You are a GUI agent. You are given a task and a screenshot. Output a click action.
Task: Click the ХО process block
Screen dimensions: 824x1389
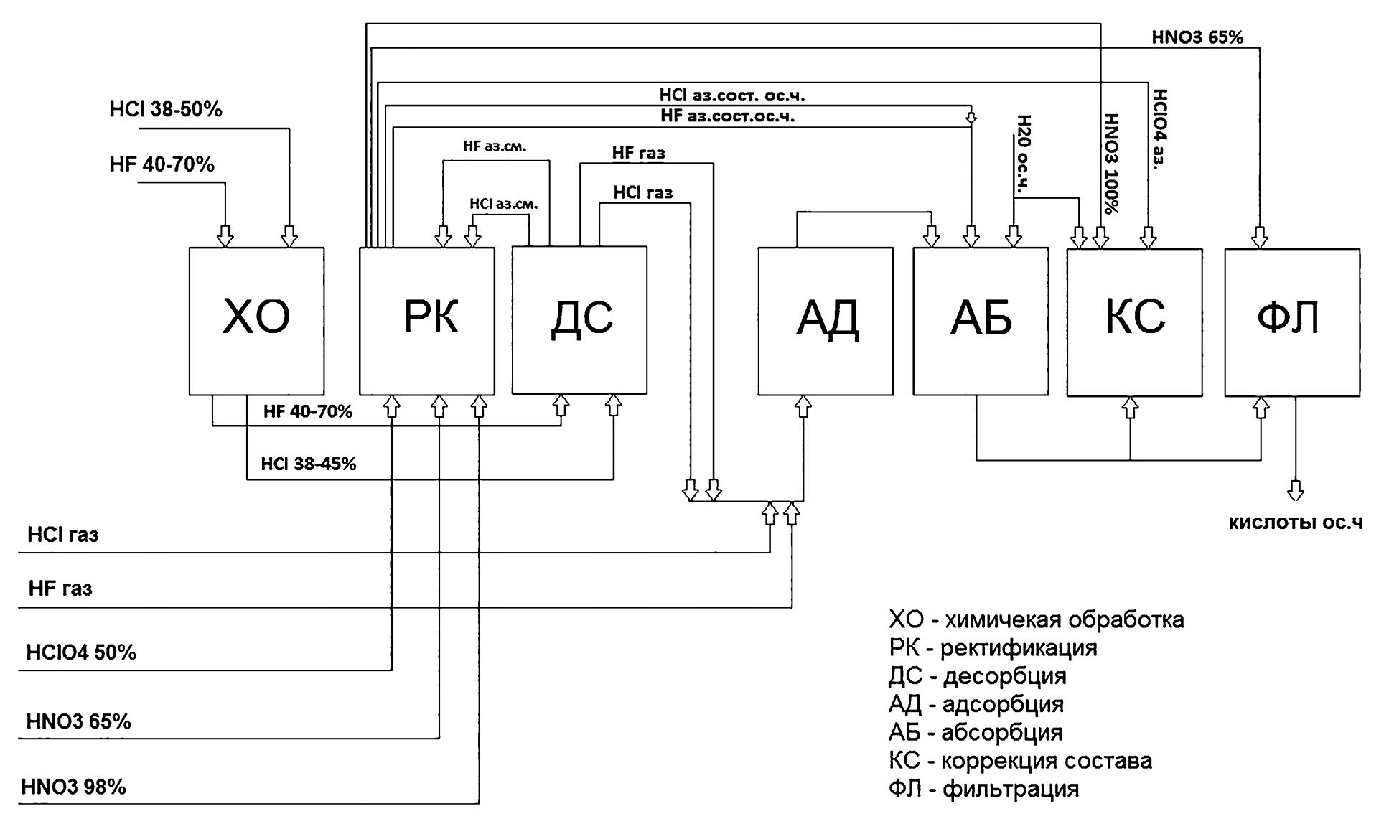(x=256, y=320)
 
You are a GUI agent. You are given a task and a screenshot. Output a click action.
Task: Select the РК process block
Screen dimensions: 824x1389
(x=426, y=320)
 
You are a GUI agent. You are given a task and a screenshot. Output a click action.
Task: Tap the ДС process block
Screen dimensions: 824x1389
(x=579, y=320)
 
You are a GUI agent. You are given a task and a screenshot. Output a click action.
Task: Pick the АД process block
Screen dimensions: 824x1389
(x=826, y=321)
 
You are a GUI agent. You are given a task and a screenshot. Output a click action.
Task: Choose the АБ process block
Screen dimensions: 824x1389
(x=981, y=321)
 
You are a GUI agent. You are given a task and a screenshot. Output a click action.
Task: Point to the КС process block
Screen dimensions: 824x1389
(x=1134, y=322)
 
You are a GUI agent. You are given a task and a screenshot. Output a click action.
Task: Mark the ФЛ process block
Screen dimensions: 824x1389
(x=1292, y=322)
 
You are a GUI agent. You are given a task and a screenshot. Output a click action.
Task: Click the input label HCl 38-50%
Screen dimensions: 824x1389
(x=166, y=109)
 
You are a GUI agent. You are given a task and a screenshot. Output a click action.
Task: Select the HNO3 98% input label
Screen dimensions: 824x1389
(x=74, y=787)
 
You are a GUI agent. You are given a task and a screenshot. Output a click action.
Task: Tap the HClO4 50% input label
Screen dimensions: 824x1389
(x=81, y=652)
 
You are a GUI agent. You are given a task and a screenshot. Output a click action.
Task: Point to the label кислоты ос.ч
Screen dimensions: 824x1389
(x=1296, y=523)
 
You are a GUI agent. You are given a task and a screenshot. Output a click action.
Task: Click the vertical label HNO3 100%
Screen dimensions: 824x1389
(x=1111, y=164)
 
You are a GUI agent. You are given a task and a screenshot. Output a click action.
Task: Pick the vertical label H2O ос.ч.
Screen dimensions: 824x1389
(x=1024, y=154)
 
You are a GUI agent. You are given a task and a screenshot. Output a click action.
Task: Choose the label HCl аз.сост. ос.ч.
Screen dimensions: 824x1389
(x=736, y=95)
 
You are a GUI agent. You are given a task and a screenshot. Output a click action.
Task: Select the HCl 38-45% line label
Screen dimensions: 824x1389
(x=309, y=464)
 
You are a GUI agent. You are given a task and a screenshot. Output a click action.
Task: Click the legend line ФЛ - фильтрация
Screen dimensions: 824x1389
(x=983, y=790)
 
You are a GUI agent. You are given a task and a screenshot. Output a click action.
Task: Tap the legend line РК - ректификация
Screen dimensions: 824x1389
(x=993, y=648)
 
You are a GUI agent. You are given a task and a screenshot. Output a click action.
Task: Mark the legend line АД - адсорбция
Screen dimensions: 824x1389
(x=976, y=704)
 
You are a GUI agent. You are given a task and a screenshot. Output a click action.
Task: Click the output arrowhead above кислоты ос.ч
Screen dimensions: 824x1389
(x=1296, y=492)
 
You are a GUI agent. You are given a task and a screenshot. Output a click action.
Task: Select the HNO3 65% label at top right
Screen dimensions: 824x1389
(x=1197, y=37)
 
